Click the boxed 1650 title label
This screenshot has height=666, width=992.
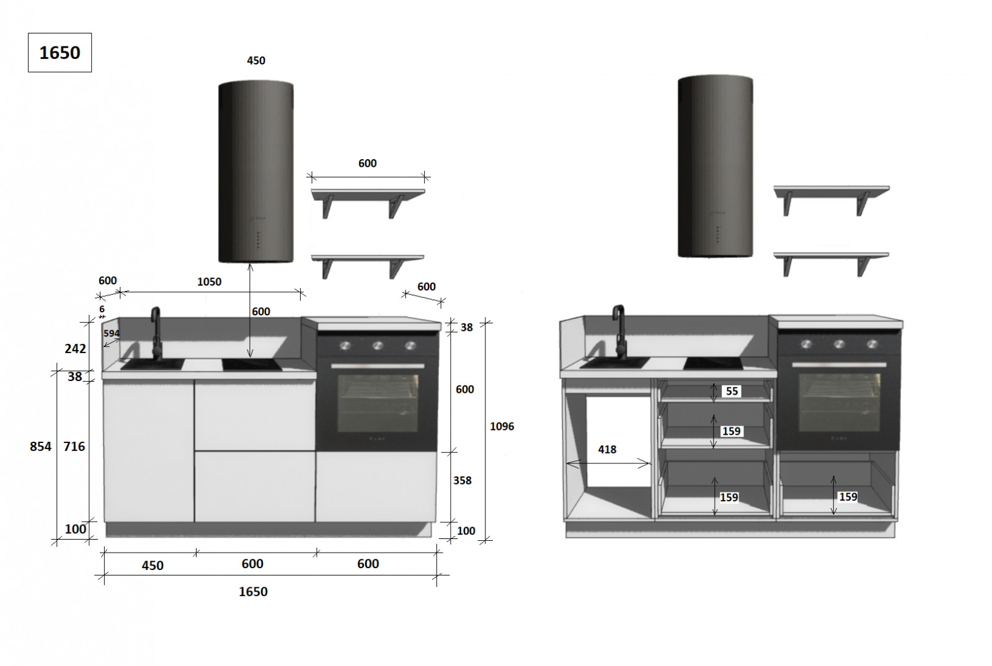tap(60, 53)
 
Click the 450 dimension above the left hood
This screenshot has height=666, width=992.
tap(256, 61)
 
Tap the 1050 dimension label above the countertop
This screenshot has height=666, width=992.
tap(209, 282)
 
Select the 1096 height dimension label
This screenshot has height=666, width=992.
tap(502, 427)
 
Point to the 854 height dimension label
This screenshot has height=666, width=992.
tap(41, 447)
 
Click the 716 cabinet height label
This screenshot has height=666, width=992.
tap(74, 447)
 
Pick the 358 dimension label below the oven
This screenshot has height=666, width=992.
tap(463, 481)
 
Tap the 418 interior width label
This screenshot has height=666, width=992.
tap(607, 450)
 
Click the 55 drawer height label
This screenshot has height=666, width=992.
tap(732, 391)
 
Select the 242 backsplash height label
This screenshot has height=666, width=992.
tap(75, 349)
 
